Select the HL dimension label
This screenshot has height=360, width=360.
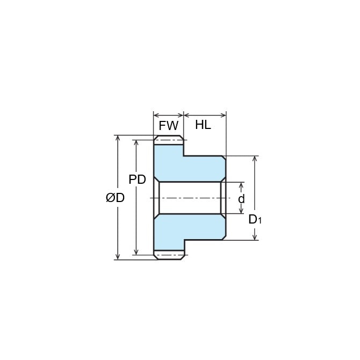click(203, 125)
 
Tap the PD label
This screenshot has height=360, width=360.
click(138, 179)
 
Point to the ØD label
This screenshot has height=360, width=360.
click(116, 198)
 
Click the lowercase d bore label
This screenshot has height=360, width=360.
click(241, 199)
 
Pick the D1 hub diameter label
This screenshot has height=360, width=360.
click(255, 219)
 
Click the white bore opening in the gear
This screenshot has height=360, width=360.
click(190, 198)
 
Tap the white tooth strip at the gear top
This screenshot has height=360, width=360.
click(169, 140)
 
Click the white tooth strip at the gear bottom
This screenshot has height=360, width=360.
click(169, 255)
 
